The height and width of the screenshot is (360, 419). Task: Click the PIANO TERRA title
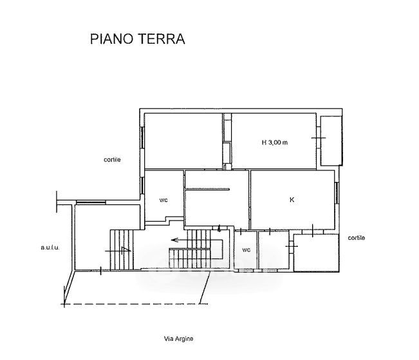click(137, 39)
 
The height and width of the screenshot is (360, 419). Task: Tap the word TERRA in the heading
click(162, 39)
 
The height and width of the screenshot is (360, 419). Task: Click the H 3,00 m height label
click(275, 143)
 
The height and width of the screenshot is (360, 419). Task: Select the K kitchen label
click(292, 200)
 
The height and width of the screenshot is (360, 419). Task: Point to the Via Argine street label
click(178, 339)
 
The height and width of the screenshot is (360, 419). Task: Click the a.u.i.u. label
click(50, 248)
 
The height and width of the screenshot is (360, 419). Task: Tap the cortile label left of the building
click(112, 159)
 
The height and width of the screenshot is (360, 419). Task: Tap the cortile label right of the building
click(357, 238)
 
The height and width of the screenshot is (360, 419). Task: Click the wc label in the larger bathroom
click(163, 200)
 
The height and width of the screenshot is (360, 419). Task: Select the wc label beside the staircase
click(246, 250)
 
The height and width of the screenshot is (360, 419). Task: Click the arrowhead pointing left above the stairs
click(174, 240)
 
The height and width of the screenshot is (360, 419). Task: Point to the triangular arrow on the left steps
click(126, 250)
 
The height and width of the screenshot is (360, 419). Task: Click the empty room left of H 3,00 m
click(183, 141)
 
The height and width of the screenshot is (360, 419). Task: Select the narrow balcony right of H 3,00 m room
click(331, 141)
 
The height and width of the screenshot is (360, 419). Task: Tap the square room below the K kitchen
click(317, 253)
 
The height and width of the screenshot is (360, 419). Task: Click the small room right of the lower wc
click(274, 250)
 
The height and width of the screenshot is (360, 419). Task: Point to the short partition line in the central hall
click(208, 190)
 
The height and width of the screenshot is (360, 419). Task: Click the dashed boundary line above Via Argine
click(135, 304)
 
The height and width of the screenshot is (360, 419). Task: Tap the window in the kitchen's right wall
click(337, 194)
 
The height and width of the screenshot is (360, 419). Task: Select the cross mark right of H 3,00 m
click(319, 138)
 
